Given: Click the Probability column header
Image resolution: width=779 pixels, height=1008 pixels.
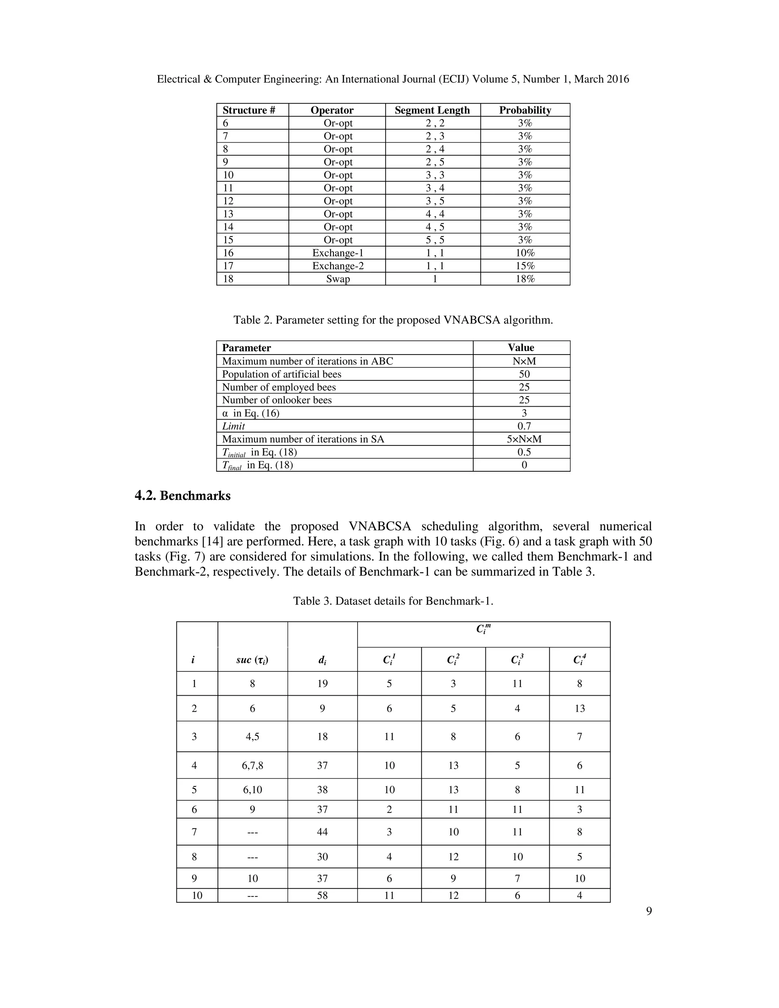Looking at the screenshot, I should (x=525, y=110).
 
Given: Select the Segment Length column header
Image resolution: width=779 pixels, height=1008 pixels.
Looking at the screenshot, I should (x=432, y=110).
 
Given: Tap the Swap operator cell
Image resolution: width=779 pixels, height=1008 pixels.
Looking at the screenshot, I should (x=338, y=279).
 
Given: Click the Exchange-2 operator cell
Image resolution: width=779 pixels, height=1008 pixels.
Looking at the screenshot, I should (x=338, y=266).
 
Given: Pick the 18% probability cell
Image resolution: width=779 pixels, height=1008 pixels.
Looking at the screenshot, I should (x=525, y=279).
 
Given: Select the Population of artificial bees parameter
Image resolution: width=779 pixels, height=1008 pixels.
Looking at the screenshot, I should (x=281, y=374).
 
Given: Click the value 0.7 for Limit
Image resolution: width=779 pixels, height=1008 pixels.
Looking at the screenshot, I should (x=524, y=426).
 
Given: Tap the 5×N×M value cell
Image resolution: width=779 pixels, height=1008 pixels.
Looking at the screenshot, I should (x=524, y=439).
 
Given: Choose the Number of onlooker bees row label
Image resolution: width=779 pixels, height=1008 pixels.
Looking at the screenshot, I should (x=277, y=400).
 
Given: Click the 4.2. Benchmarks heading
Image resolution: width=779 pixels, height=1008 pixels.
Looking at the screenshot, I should (x=182, y=496).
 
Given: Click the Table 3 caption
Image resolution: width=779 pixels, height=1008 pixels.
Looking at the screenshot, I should (x=393, y=601).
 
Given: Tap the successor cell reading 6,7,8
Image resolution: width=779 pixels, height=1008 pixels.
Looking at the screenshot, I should (x=253, y=766).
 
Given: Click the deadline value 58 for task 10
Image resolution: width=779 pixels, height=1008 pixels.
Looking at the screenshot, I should (x=322, y=895).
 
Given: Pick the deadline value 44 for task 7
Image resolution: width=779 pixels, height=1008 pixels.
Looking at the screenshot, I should (x=322, y=832).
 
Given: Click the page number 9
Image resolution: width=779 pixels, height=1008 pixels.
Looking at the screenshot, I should (x=649, y=911).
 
